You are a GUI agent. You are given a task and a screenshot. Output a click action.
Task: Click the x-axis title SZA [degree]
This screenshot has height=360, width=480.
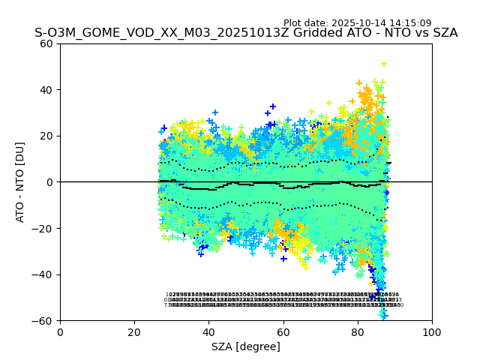(x=246, y=346)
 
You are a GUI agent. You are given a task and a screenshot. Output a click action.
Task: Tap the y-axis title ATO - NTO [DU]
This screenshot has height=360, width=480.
(x=20, y=182)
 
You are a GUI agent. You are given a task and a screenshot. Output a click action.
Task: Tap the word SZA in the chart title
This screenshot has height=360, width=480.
(x=442, y=33)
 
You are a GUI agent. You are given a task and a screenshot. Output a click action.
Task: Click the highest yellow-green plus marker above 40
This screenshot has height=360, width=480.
(x=384, y=64)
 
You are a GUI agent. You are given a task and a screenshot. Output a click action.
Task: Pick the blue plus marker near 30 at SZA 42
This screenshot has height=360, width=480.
(x=215, y=113)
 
